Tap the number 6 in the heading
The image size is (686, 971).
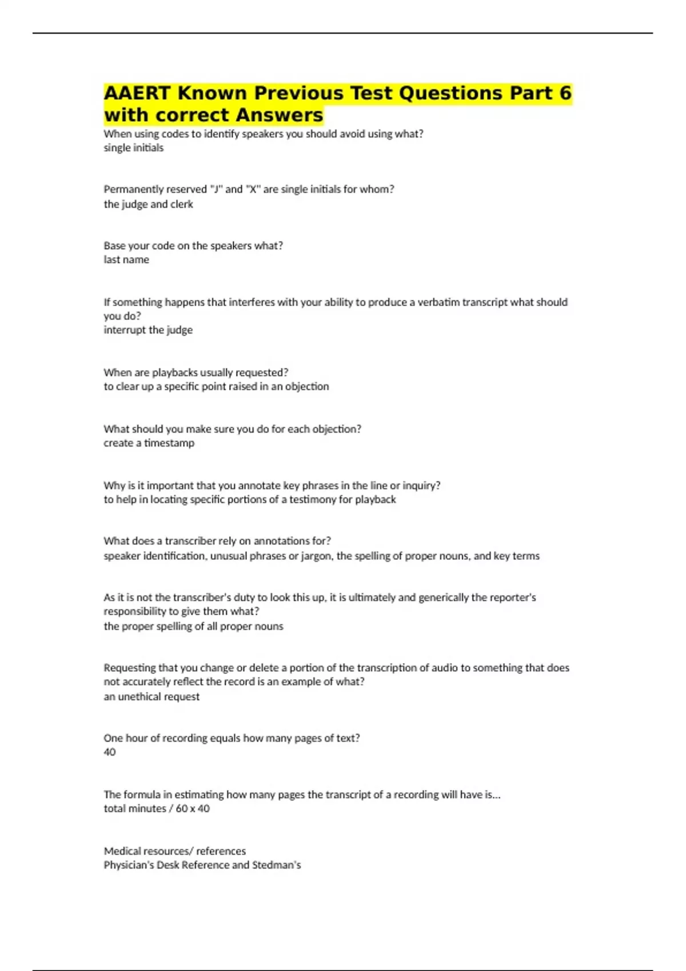(x=565, y=93)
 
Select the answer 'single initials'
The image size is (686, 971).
(x=133, y=148)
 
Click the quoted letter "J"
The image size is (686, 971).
(x=216, y=189)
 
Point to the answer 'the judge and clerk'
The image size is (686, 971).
(x=148, y=204)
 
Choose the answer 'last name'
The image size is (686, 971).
(x=126, y=260)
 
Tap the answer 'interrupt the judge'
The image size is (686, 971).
(x=148, y=330)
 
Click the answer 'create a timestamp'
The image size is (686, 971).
(x=149, y=443)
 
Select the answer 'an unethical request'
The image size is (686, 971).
(x=151, y=697)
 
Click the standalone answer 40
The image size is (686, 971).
(x=110, y=752)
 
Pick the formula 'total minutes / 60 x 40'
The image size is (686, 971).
(x=157, y=809)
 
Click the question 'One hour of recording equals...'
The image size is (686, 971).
(x=232, y=738)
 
